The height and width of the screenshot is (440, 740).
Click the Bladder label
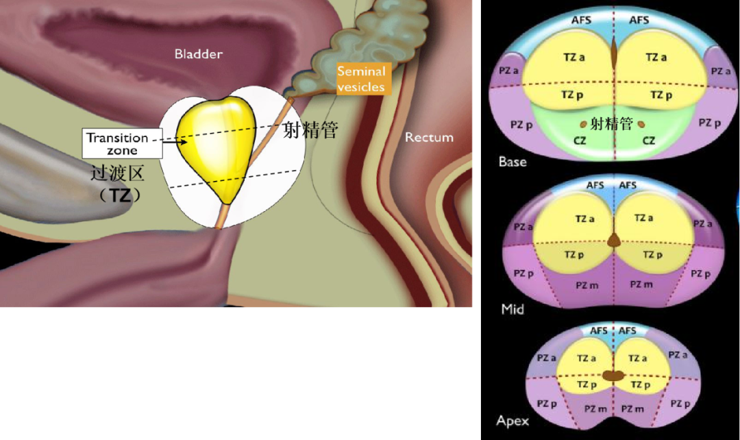pos(198,54)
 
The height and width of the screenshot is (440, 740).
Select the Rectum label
pos(429,137)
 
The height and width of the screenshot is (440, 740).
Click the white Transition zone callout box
pos(122,143)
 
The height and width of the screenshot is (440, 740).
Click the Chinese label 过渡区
pos(118,173)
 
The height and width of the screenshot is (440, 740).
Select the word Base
pos(513,162)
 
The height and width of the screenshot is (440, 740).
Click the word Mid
pos(513,310)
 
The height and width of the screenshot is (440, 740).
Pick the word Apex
pos(513,421)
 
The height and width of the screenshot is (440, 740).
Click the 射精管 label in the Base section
pos(612,124)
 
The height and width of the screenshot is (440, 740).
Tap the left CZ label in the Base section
pos(580,140)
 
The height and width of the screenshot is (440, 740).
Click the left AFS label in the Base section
pos(582,20)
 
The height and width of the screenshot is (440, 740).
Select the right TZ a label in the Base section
pos(656,57)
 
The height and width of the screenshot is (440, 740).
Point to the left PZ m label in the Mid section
pos(587,285)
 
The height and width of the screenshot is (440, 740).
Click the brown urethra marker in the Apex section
pos(613,376)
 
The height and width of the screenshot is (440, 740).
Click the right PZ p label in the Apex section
pos(680,404)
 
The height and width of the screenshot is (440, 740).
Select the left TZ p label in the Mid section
pos(574,255)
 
